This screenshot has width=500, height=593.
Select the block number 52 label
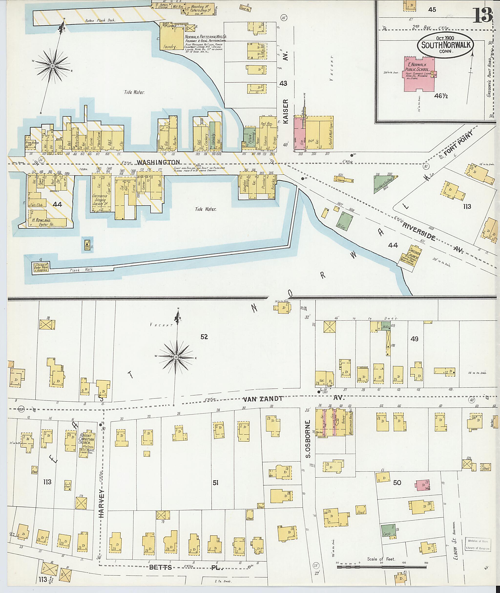tap(204, 337)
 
